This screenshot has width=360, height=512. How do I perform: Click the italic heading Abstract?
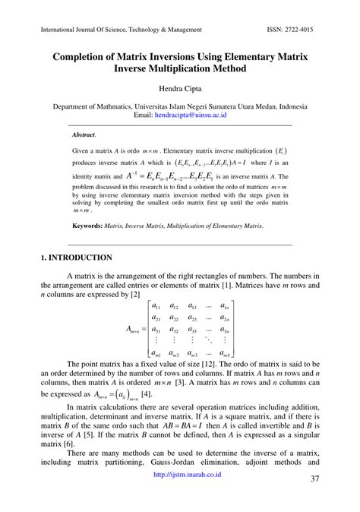point(84,134)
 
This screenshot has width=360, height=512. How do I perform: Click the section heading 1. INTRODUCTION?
point(77,258)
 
